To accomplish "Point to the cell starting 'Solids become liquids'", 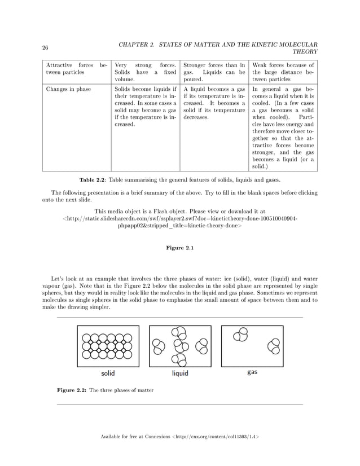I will (145, 107).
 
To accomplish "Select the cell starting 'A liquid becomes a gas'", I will (214, 103).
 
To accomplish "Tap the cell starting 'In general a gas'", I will (283, 128).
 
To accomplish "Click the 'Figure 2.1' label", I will (179, 249).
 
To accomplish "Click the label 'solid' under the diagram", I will (108, 373).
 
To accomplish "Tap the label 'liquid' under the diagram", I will (180, 373).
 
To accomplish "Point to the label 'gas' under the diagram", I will (252, 373).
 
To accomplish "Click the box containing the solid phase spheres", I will (108, 346).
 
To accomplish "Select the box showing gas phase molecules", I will (252, 346).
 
